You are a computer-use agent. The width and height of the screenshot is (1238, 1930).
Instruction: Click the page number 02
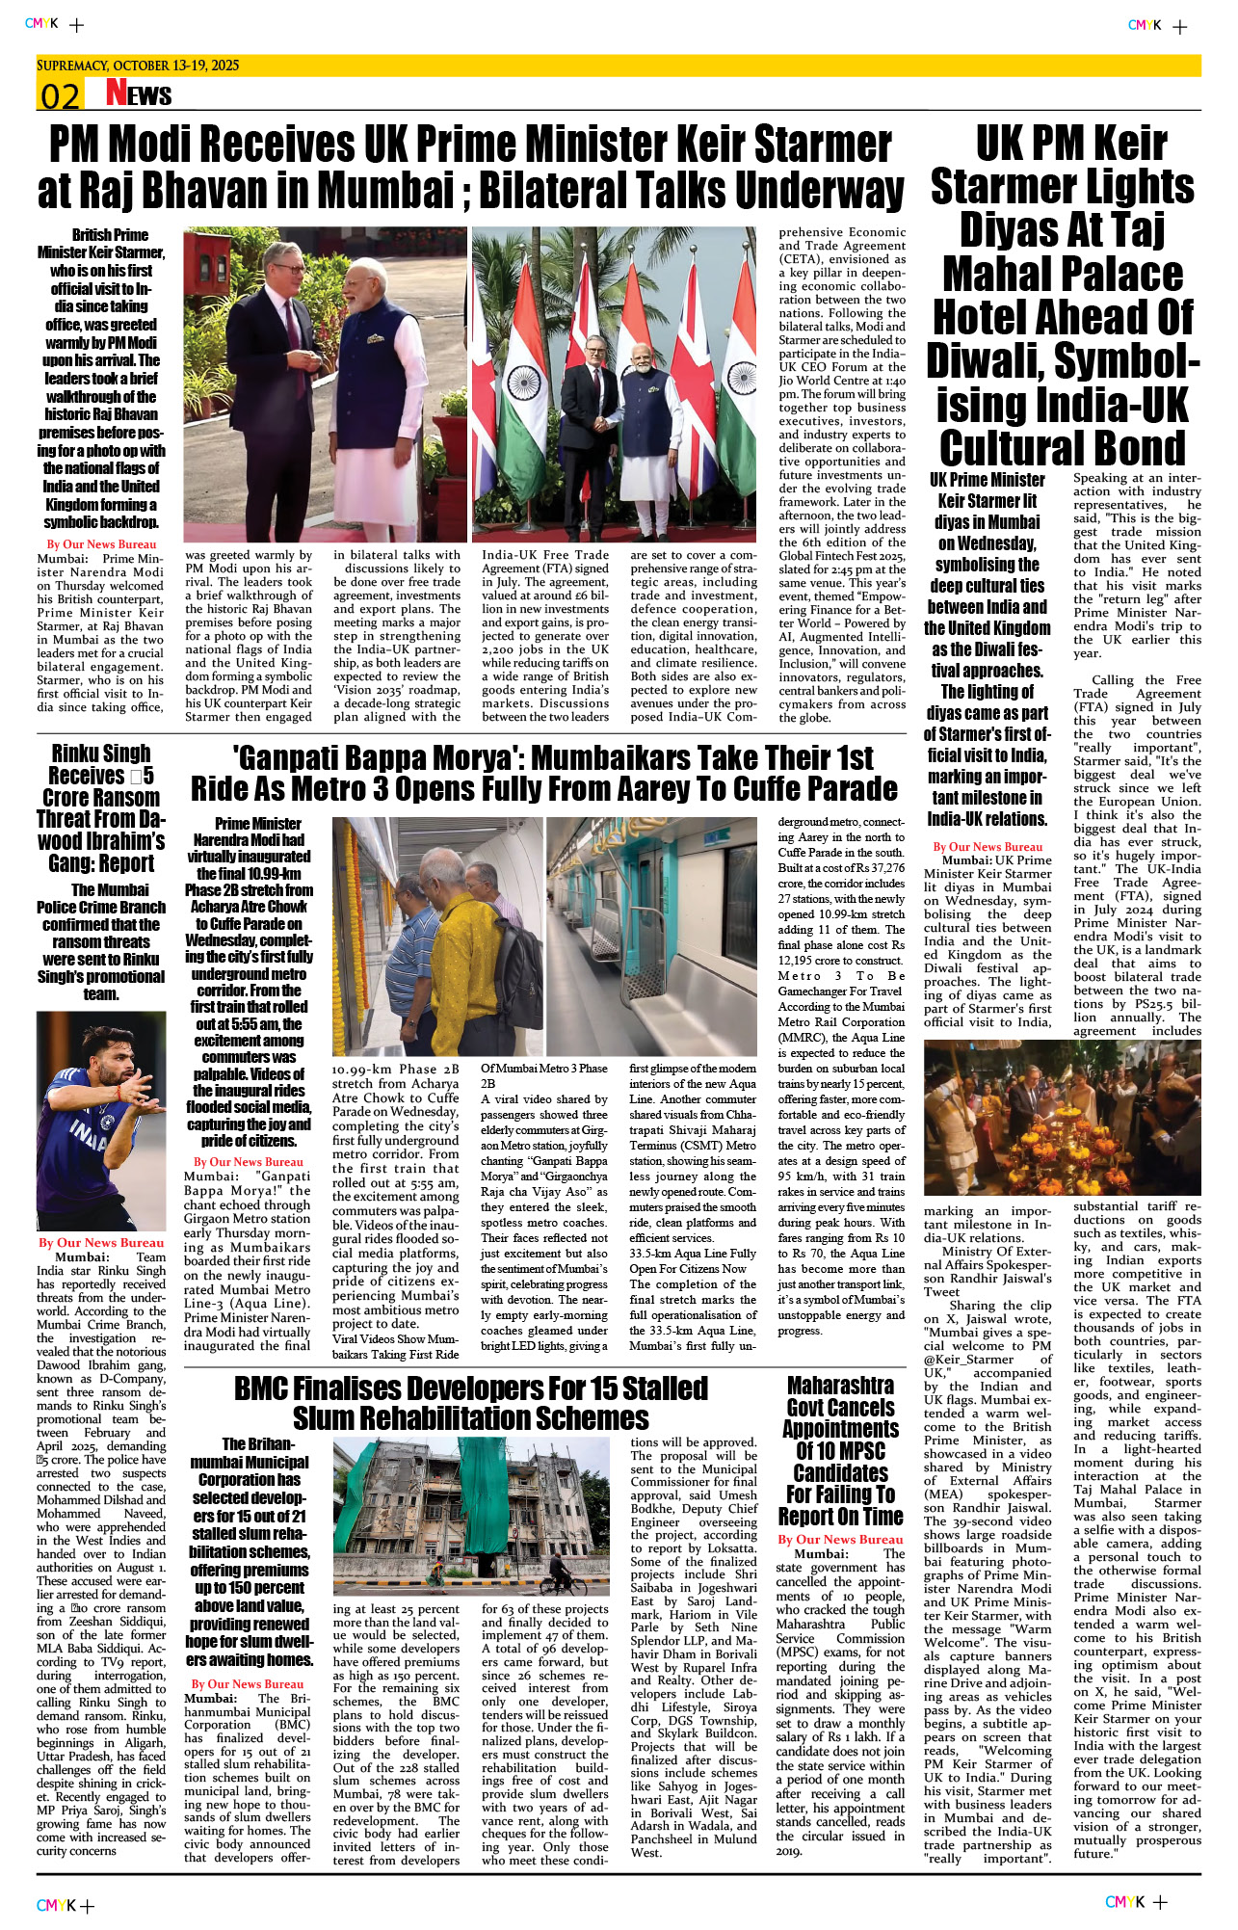tap(59, 96)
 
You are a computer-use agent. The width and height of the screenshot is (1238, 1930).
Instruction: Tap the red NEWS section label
tap(139, 93)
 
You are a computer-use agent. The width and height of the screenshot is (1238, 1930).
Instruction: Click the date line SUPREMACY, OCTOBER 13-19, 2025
tap(138, 66)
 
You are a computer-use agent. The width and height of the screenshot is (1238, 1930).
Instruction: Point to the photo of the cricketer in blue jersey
tap(101, 1120)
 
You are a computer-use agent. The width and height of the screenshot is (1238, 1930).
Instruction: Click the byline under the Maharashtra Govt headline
tap(840, 1540)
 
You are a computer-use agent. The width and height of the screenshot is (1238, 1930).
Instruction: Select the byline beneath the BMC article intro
tap(247, 1684)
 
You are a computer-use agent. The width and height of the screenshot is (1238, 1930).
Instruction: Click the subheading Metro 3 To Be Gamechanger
tap(840, 984)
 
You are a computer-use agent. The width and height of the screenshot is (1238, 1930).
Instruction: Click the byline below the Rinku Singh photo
tap(101, 1243)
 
